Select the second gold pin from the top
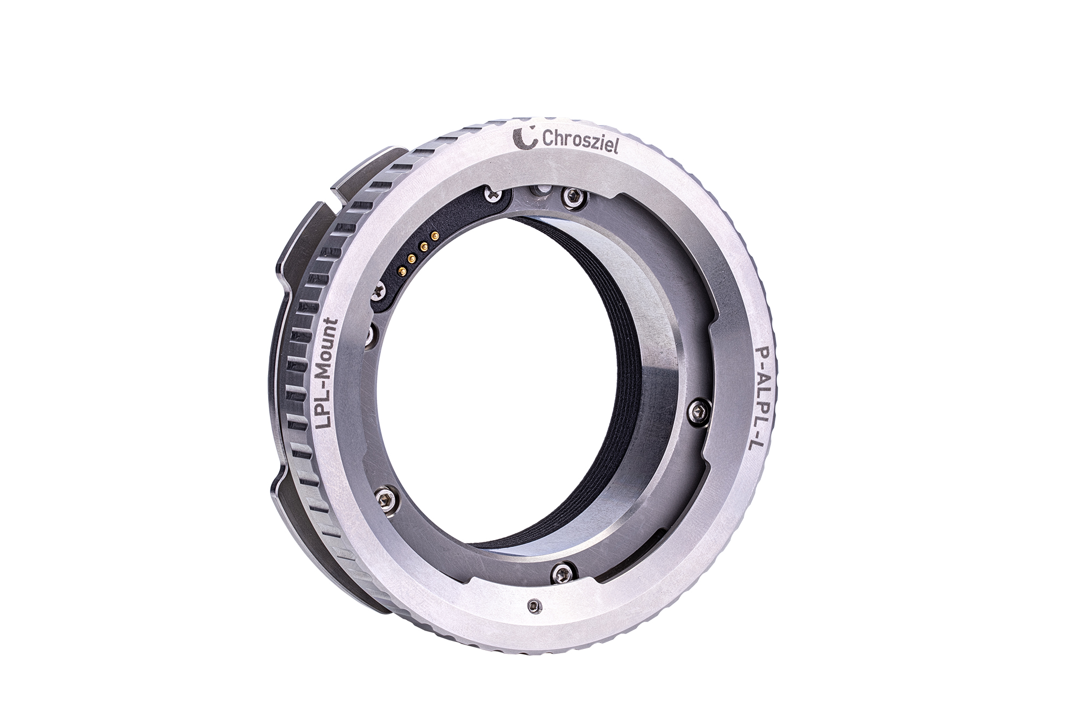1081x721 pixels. (423, 246)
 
